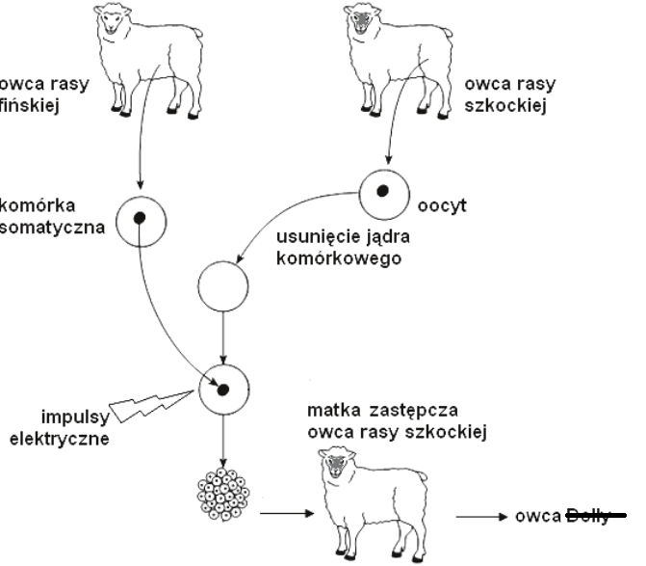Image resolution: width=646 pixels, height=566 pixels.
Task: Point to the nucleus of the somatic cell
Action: (x=141, y=217)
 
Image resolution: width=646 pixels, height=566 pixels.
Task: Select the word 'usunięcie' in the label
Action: (x=309, y=234)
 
